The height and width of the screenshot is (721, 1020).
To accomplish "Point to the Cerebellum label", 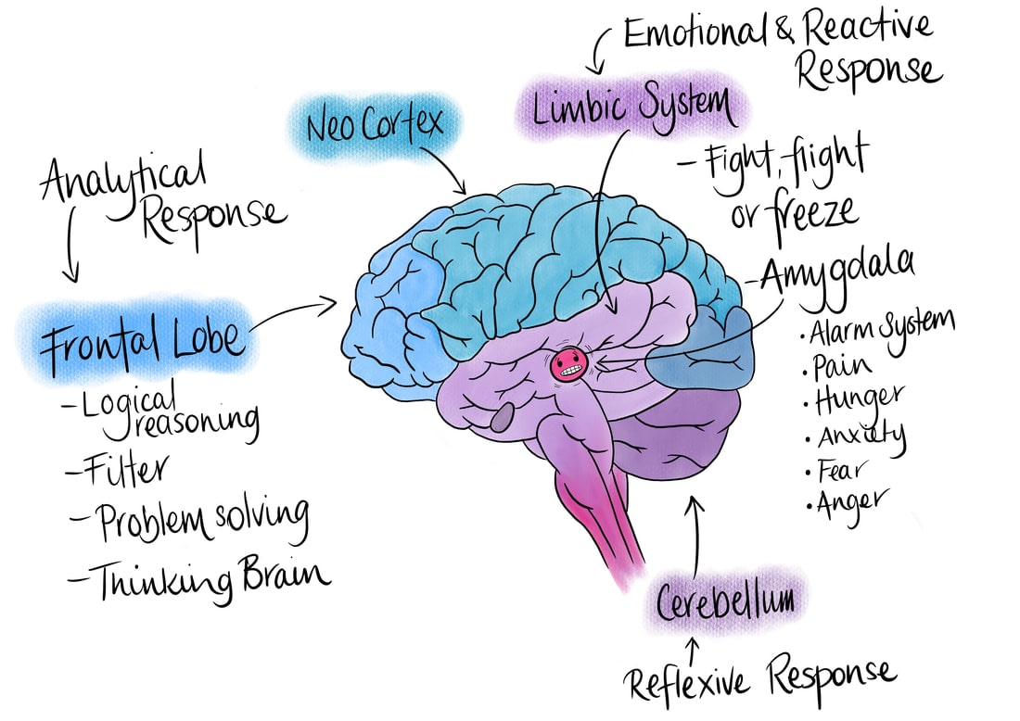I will point(725,601).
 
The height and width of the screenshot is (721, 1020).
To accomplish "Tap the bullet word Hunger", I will point(859,398).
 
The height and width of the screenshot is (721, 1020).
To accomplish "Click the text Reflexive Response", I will point(760,681).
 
